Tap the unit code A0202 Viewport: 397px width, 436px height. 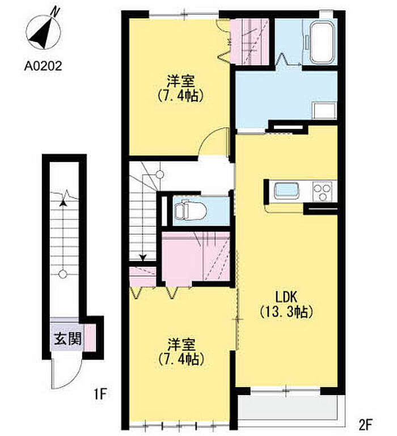coord(43,66)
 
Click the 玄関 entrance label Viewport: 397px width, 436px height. coord(67,339)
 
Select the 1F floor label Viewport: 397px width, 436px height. coord(100,394)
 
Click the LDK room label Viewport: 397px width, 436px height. coord(286,297)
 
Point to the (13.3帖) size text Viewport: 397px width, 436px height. coord(286,312)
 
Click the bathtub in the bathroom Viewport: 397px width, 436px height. coord(322,43)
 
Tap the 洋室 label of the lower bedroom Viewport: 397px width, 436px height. coord(182,345)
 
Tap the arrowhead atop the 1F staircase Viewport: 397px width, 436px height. coord(64,203)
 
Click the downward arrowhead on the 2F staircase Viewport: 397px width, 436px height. coord(143,257)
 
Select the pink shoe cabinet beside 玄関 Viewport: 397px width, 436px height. coord(90,337)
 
